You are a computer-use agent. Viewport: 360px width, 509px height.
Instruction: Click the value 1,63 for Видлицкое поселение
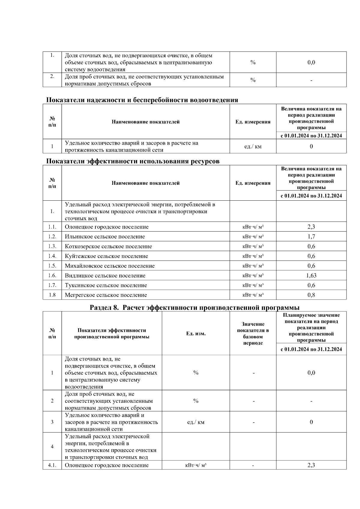311,275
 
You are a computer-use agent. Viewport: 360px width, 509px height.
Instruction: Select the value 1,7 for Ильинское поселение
311,236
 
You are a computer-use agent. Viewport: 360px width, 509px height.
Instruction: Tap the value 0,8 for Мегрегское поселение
311,295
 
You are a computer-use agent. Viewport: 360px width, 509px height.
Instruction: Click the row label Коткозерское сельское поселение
108,246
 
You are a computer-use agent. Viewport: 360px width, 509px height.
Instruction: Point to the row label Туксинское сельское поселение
106,285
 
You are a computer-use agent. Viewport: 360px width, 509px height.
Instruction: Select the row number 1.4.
52,256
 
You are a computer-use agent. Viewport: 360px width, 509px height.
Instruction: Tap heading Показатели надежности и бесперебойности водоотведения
142,100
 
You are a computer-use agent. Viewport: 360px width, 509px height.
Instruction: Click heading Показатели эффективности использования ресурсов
133,161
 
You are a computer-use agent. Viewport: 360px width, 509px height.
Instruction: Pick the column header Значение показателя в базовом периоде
253,334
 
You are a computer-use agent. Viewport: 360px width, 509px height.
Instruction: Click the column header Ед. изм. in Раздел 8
196,334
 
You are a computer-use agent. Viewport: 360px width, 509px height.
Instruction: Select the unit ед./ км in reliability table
253,146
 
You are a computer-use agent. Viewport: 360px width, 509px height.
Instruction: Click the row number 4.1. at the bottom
52,465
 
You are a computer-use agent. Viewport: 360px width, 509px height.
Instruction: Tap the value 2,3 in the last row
311,465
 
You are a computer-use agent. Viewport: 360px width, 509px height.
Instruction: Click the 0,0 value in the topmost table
311,62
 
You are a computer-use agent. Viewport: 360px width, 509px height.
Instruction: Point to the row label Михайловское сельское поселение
109,266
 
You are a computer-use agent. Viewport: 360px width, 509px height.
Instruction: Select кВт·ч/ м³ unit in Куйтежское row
253,256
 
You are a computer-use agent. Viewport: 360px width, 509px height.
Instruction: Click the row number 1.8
52,295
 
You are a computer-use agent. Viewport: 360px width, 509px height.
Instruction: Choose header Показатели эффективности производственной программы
112,334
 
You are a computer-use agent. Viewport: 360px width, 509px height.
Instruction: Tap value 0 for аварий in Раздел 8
311,422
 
